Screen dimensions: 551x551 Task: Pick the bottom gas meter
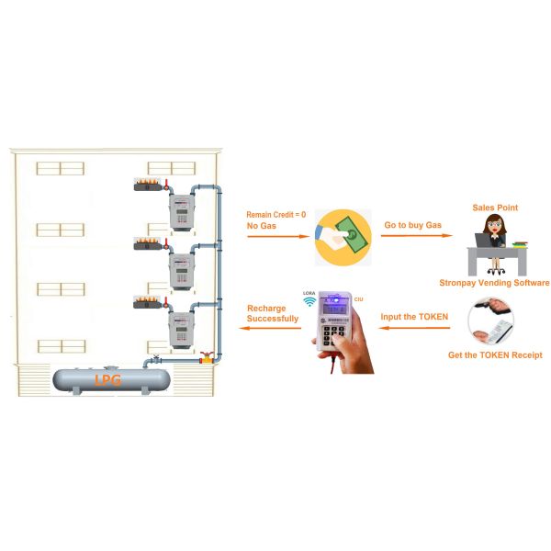click(x=180, y=327)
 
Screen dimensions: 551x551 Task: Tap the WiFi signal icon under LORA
click(x=309, y=300)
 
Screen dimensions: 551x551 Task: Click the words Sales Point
click(x=494, y=208)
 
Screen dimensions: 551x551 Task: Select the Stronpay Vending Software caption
click(x=493, y=283)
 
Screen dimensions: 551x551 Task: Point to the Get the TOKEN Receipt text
click(x=494, y=354)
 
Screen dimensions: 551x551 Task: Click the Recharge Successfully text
click(x=272, y=313)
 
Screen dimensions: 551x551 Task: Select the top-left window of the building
click(x=60, y=168)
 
